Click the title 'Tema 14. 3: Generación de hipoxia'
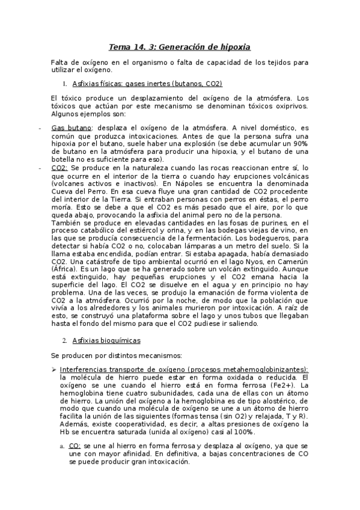pyautogui.click(x=180, y=46)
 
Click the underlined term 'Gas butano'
pyautogui.click(x=72, y=128)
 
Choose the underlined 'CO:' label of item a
pyautogui.click(x=75, y=446)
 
